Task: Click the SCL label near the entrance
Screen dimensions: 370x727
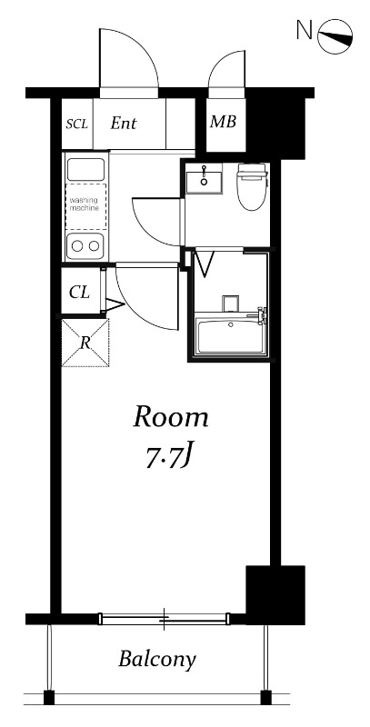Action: coord(76,124)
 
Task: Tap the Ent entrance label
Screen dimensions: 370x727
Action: coord(124,124)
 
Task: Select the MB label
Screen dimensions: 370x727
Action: coord(223,122)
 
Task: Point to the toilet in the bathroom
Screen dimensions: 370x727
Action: coord(252,186)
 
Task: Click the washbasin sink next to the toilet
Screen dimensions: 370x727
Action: coord(204,177)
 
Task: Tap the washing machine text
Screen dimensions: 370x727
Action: coord(85,204)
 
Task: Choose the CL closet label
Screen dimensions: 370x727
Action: coord(79,293)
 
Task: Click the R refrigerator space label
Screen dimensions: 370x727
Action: coord(85,344)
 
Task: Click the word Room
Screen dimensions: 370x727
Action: coord(171,417)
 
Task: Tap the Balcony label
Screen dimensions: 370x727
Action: coord(157,660)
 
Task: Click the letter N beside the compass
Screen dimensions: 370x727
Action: coord(304,31)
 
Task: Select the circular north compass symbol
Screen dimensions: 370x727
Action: coord(335,36)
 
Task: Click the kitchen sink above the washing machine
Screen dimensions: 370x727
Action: coord(86,170)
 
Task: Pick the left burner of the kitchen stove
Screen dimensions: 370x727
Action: coord(77,246)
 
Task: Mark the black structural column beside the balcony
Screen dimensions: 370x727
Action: coord(275,594)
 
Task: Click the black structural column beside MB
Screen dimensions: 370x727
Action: coord(275,122)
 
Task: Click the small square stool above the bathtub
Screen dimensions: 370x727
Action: coord(230,304)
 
